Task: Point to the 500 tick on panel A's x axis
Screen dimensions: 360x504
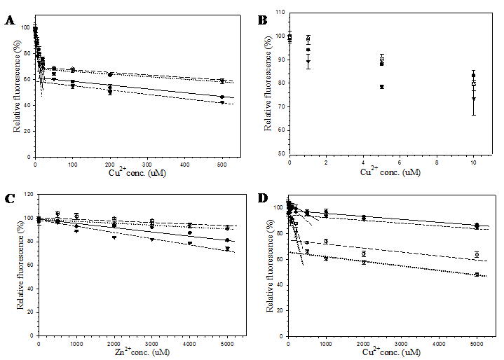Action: tap(222, 164)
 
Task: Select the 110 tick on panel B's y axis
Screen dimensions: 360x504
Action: tap(280, 13)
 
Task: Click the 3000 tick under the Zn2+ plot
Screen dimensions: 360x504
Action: tap(151, 342)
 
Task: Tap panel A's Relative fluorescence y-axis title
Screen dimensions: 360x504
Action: tap(16, 88)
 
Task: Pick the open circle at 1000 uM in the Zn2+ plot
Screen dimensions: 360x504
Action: tap(76, 216)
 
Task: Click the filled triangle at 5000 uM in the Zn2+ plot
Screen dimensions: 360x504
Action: tap(227, 249)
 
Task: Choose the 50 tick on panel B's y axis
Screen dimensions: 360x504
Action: tap(282, 153)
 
